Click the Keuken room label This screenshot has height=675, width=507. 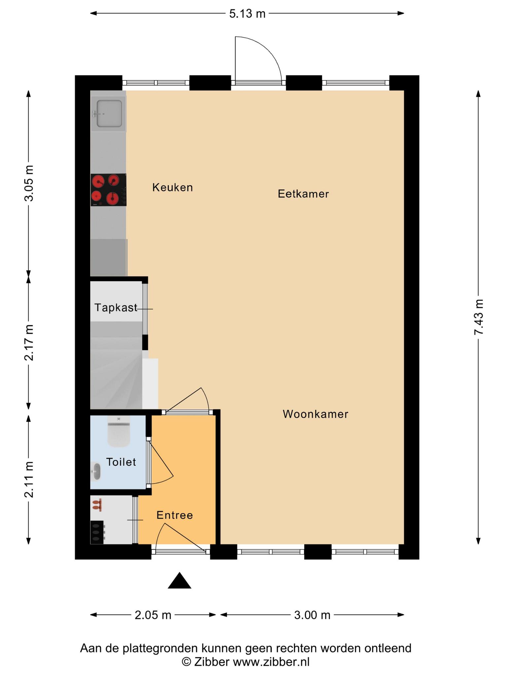[x=172, y=188]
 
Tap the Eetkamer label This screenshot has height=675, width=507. [x=303, y=194]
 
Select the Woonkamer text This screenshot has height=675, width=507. [x=316, y=414]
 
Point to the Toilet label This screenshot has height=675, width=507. [x=121, y=462]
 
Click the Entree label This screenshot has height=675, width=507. [x=175, y=515]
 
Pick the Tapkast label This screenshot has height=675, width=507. [x=116, y=308]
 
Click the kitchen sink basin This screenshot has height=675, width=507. [x=109, y=114]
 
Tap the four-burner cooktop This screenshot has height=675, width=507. [x=109, y=190]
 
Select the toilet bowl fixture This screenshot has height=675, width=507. [x=118, y=431]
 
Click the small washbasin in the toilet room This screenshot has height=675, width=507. [x=96, y=472]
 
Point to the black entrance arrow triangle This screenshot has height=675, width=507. [x=179, y=580]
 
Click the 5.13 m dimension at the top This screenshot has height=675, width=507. [x=247, y=14]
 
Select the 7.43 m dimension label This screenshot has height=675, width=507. [x=479, y=317]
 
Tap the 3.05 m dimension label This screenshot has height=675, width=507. [x=29, y=183]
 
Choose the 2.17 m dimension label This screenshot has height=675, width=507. [x=29, y=342]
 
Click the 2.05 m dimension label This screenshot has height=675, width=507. [x=153, y=615]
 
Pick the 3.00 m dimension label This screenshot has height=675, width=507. [x=312, y=615]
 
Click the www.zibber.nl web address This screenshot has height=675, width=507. [x=271, y=661]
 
